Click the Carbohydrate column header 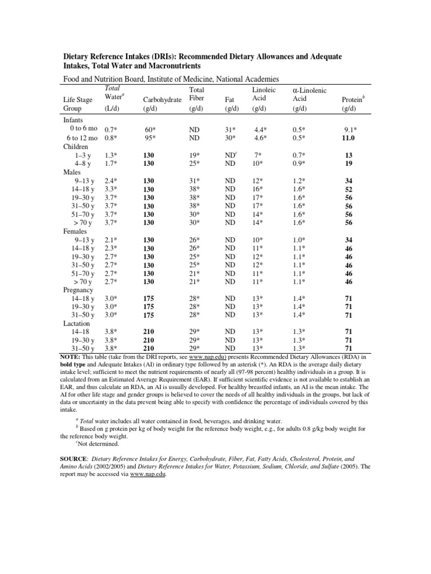pyautogui.click(x=163, y=99)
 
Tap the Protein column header pyautogui.click(x=352, y=99)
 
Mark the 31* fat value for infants pyautogui.click(x=230, y=129)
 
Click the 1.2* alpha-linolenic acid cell pyautogui.click(x=299, y=181)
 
